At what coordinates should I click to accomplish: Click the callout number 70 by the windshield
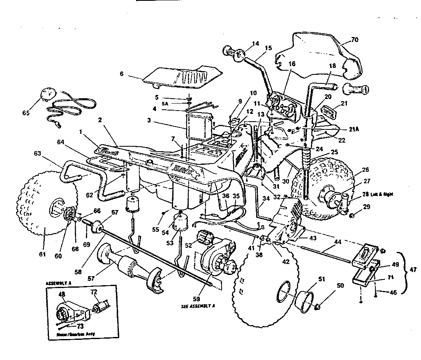coord(355,40)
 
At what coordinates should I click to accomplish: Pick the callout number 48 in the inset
coord(62,294)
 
